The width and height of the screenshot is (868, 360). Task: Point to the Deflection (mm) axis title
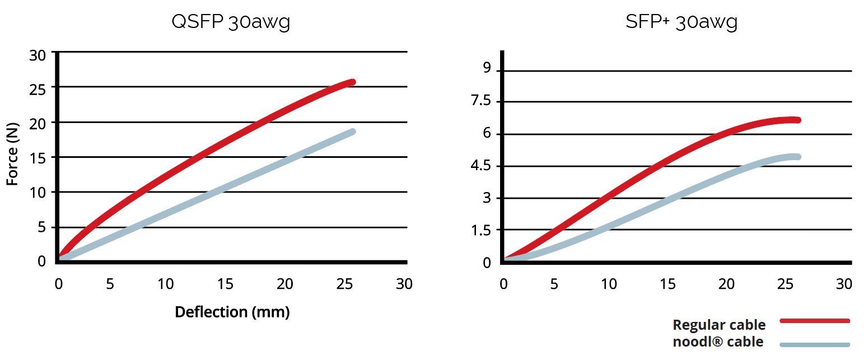click(x=232, y=312)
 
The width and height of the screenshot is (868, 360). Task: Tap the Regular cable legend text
click(x=718, y=325)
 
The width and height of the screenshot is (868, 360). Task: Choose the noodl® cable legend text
click(x=717, y=342)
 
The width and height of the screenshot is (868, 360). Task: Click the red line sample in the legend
click(x=815, y=321)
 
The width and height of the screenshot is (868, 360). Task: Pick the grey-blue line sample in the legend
click(x=815, y=344)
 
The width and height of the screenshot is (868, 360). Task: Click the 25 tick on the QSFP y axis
click(x=38, y=87)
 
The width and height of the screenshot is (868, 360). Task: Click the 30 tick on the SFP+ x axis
click(x=843, y=284)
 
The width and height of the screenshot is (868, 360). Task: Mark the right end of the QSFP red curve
click(x=352, y=82)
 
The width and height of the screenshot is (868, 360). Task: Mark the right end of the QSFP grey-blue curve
click(x=352, y=132)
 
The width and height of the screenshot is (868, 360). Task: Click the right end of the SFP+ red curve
click(x=797, y=120)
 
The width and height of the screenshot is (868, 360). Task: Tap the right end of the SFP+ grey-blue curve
click(x=797, y=157)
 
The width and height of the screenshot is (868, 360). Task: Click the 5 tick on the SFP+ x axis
click(x=554, y=284)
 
